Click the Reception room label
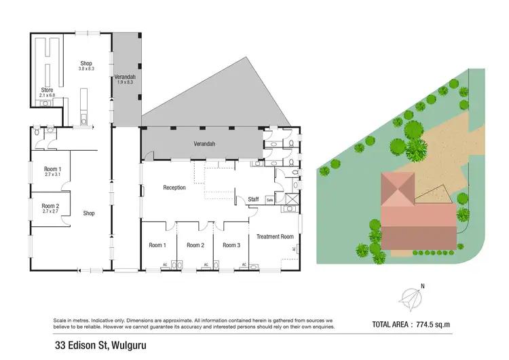(x=174, y=187)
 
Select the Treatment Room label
(x=275, y=236)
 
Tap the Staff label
(x=253, y=198)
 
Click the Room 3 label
(x=231, y=245)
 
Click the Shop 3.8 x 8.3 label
(x=86, y=66)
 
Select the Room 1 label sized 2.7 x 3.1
(x=52, y=172)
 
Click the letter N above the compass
(x=422, y=286)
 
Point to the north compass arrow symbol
(x=412, y=298)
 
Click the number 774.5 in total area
(x=440, y=324)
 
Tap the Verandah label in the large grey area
(x=204, y=144)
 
